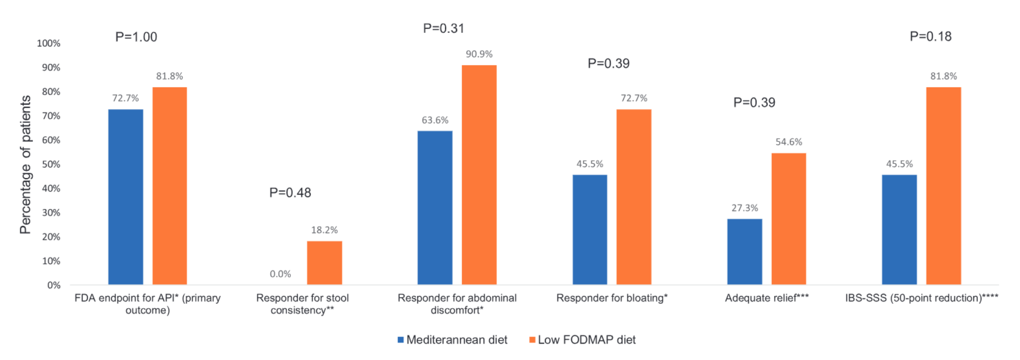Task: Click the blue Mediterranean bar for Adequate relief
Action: point(744,252)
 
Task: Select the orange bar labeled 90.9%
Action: point(479,174)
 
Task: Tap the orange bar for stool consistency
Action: point(324,263)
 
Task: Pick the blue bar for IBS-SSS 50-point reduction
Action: point(899,229)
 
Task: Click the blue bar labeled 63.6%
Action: point(435,207)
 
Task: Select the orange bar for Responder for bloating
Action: point(634,197)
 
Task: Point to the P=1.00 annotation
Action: point(136,37)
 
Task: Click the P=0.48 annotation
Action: point(290,192)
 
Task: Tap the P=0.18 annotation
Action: point(930,36)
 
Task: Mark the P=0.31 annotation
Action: point(443,28)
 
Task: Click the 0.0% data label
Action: point(280,274)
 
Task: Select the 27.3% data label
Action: point(745,208)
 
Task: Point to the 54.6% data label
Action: point(789,142)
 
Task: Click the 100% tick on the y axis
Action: point(48,43)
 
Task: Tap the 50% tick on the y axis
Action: point(51,164)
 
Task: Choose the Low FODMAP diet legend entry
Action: point(583,340)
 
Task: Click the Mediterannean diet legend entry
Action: point(452,340)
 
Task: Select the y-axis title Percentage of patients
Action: point(25,164)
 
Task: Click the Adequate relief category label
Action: point(766,298)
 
